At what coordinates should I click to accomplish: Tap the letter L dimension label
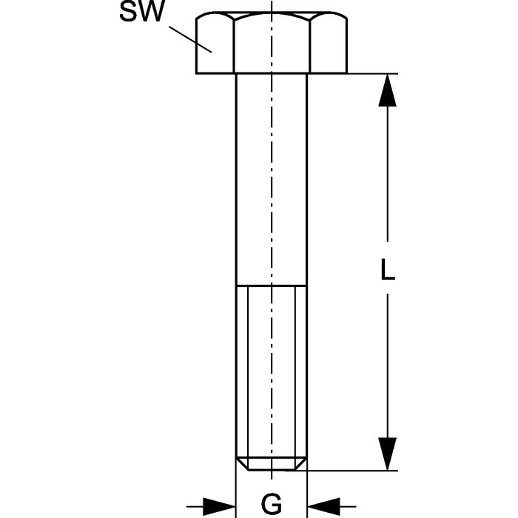pos(387,270)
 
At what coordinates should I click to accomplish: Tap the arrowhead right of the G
pos(325,505)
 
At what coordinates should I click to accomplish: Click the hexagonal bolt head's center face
pos(272,44)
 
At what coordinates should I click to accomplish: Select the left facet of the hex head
pos(215,46)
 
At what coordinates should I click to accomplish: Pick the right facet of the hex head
pos(329,46)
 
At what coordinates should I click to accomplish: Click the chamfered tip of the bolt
pos(271,463)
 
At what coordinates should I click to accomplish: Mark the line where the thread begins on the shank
pos(271,285)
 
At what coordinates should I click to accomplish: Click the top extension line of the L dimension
pos(355,73)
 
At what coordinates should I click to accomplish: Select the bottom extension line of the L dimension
pos(355,470)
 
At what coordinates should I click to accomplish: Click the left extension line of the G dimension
pos(235,488)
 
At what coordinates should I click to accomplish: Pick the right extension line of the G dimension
pos(307,488)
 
